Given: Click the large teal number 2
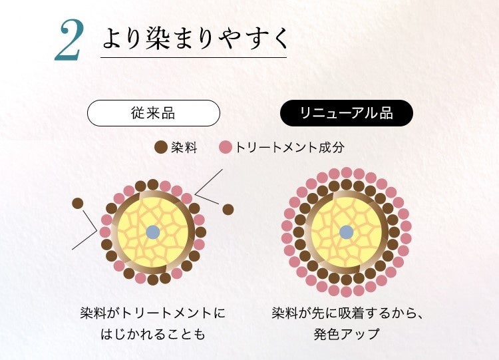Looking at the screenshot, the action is (69, 42).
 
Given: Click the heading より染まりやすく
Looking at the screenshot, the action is (196, 38).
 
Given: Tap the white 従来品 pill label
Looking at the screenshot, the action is (153, 113).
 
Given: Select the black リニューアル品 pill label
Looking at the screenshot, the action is (346, 113).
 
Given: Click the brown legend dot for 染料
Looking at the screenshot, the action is (160, 148).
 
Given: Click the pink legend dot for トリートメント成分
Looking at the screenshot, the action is (226, 148).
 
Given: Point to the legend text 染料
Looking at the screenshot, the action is (184, 148).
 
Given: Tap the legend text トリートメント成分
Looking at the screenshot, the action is (290, 148).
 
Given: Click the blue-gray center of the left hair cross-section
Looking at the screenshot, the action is (152, 232).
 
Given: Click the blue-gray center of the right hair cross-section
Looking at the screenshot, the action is (346, 232).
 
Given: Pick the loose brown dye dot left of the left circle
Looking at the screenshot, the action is (78, 203).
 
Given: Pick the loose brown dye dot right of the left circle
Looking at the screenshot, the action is (228, 210).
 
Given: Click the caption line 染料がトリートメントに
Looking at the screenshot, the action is (152, 312).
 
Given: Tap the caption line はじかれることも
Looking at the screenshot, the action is (152, 333).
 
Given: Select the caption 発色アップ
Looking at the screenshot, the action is (346, 333).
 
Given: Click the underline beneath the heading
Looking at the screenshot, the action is (193, 59).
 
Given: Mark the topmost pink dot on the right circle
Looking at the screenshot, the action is (346, 172).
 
